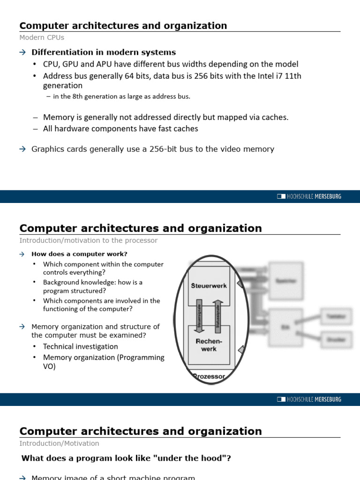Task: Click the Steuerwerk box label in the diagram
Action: point(209,285)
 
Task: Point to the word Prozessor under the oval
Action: point(209,376)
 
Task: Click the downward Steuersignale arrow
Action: point(199,315)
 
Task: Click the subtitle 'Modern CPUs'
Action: point(42,37)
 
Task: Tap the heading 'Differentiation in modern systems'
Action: point(104,52)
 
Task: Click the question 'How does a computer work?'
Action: point(79,254)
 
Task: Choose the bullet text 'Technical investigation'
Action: point(80,346)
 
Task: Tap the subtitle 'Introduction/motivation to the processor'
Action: point(88,240)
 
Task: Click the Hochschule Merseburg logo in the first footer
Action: point(309,196)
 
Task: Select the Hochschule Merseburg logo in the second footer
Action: point(309,399)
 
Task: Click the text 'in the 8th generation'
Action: point(89,97)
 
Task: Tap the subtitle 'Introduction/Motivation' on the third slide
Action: point(59,443)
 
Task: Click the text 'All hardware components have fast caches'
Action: point(120,128)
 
